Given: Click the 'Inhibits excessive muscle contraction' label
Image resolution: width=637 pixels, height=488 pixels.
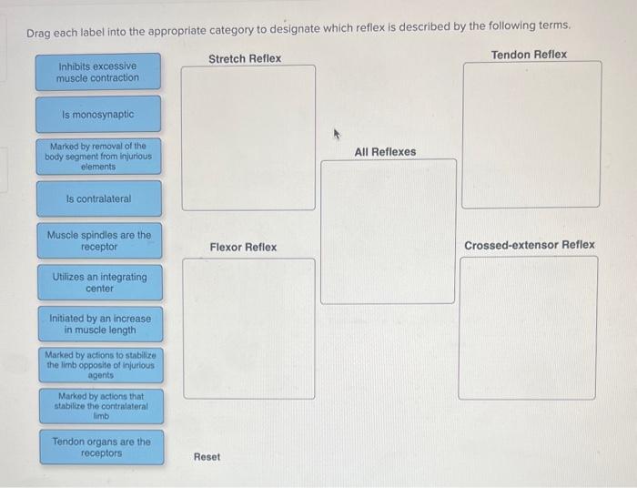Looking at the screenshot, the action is click(x=98, y=72).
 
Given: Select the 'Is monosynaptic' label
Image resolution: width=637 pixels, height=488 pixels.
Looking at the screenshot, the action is click(x=98, y=115).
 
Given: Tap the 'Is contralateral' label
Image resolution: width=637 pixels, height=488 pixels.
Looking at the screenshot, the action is click(x=99, y=198).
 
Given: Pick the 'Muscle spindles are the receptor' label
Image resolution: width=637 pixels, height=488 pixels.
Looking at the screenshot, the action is click(x=99, y=240).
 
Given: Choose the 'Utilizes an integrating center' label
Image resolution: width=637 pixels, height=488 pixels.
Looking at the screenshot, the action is click(x=99, y=282).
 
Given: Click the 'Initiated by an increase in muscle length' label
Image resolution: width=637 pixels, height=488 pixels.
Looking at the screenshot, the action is click(x=100, y=324).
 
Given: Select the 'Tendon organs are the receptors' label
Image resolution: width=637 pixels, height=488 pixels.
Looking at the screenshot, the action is click(x=101, y=447).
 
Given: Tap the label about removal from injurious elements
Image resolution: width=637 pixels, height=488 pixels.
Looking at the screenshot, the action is click(x=98, y=157).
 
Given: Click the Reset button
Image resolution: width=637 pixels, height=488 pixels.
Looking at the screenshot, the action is click(x=207, y=456).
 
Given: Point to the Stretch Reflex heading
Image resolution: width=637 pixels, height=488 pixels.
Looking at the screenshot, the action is click(x=245, y=58).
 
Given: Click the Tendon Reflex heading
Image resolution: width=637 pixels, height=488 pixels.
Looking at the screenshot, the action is click(x=529, y=55).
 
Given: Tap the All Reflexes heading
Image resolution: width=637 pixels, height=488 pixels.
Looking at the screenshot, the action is click(x=385, y=152).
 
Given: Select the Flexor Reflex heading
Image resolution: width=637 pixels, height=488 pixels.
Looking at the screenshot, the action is click(x=243, y=247).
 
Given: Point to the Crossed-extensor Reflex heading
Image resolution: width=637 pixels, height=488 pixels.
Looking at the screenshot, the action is click(x=529, y=245).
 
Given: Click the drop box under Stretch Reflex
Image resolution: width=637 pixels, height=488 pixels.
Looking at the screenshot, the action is click(x=248, y=137).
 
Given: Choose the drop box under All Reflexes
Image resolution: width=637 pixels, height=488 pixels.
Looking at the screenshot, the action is click(x=388, y=231).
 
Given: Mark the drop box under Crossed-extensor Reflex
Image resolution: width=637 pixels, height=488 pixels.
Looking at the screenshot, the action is click(x=528, y=328).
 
